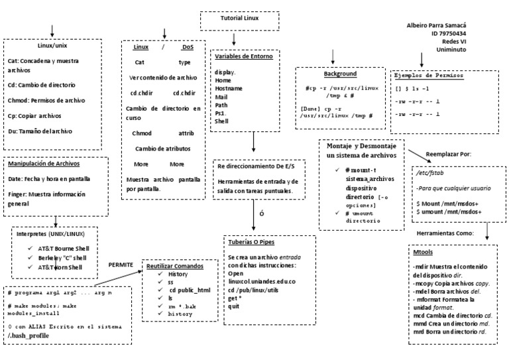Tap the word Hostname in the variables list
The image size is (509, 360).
(228, 88)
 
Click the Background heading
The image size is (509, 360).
(340, 74)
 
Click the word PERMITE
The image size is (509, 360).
(121, 265)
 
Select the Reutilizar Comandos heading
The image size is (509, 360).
(175, 266)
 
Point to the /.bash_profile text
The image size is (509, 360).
(28, 336)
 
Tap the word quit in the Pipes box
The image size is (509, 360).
(234, 306)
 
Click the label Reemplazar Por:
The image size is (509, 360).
(448, 154)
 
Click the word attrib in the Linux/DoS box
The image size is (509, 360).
(186, 133)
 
